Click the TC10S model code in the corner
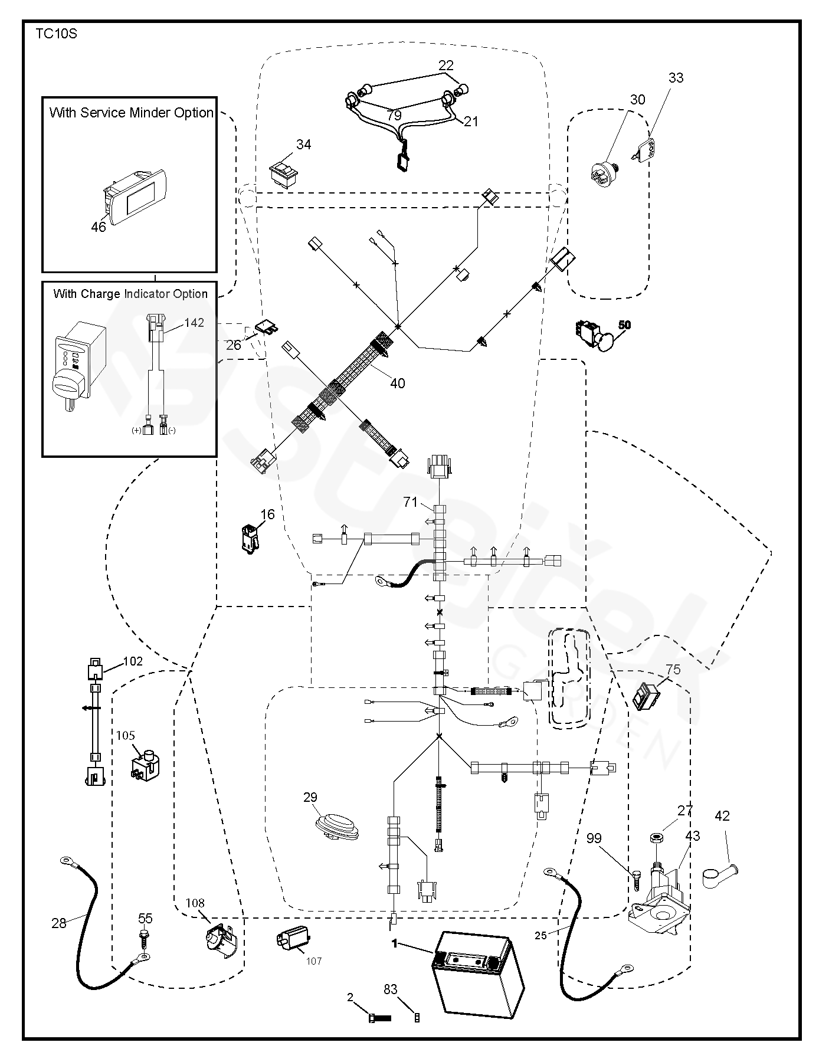pos(56,34)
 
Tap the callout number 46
pos(99,227)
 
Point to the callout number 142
pos(194,323)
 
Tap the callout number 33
pos(676,78)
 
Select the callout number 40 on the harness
pos(398,383)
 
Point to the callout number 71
pos(411,502)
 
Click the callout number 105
pos(125,735)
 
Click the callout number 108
pos(195,903)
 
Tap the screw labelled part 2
pos(379,1018)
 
